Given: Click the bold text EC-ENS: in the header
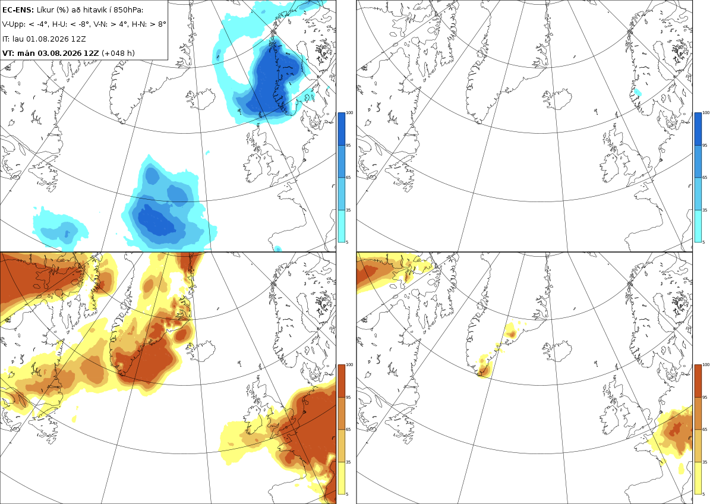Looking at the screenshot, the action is tap(18, 10).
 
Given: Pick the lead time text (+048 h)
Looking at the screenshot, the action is tap(118, 53).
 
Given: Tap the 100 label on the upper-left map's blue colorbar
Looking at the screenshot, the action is tap(349, 113).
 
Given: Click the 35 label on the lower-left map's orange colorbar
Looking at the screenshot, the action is tap(348, 462).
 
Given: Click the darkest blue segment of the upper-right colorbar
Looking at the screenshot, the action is tap(698, 129).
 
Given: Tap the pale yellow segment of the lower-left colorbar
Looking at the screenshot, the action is tap(341, 478).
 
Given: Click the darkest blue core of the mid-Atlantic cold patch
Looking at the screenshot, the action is tap(156, 221).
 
